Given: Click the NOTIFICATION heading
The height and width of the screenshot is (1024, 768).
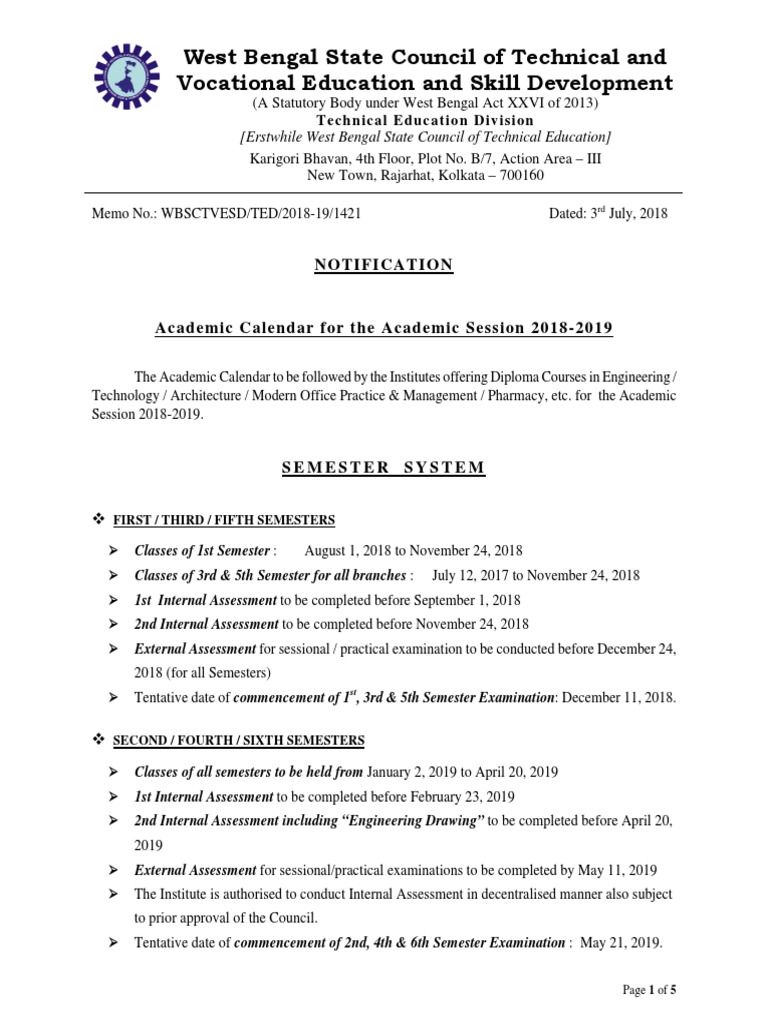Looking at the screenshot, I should [384, 265].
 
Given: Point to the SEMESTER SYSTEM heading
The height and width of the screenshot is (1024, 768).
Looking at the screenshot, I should [384, 468].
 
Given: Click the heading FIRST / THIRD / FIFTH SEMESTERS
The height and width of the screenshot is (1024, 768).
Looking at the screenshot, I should [223, 520].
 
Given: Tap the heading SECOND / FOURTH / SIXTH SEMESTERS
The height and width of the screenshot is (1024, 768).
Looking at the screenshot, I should [238, 741].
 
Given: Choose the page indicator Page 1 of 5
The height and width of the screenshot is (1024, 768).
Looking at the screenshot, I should [649, 990].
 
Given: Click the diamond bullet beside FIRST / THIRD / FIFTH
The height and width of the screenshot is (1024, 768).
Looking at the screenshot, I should [99, 519].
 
